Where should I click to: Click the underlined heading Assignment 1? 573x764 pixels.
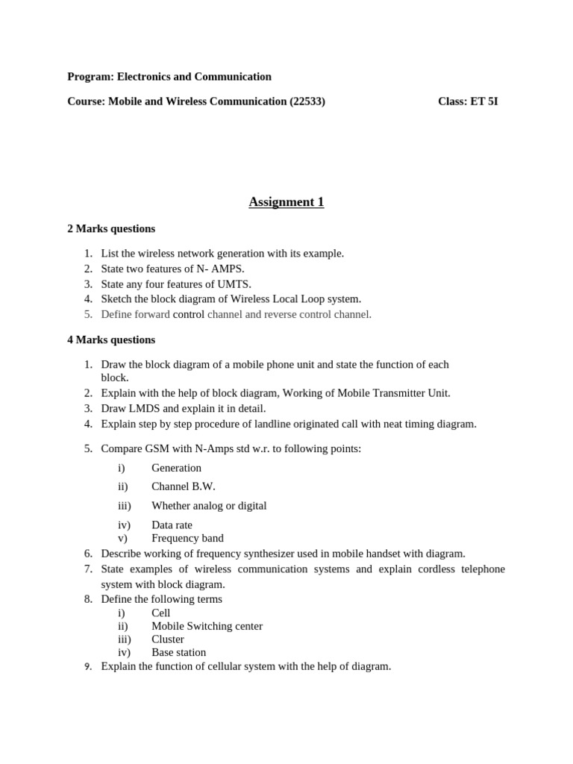[x=286, y=202]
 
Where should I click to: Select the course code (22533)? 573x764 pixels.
[x=307, y=101]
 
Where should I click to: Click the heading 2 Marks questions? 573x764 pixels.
[x=111, y=229]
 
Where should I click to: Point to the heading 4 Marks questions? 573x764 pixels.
[x=111, y=339]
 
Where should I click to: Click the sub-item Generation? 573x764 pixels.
[x=176, y=468]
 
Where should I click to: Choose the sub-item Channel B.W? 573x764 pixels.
[x=183, y=486]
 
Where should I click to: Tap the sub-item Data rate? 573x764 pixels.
[x=174, y=525]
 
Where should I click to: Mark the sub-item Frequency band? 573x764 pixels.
[x=187, y=538]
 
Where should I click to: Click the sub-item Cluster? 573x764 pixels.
[x=168, y=639]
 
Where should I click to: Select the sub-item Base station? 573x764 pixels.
[x=178, y=652]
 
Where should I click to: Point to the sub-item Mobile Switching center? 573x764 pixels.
[x=207, y=626]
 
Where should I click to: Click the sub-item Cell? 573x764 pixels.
[x=160, y=613]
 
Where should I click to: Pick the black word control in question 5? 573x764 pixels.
[x=189, y=314]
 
